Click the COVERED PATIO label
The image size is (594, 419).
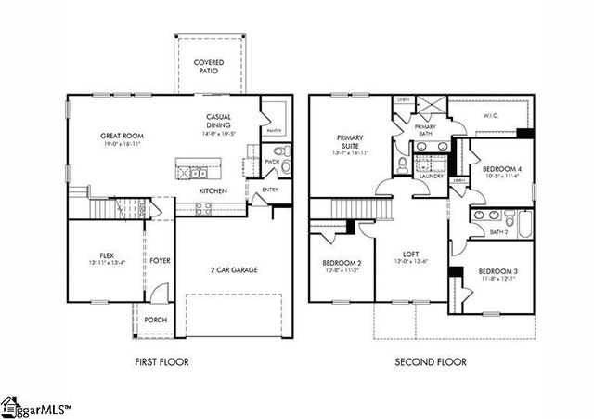click(208, 67)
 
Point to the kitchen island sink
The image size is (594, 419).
click(196, 172)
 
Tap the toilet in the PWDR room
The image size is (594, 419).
click(285, 151)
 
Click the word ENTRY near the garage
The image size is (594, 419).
click(269, 190)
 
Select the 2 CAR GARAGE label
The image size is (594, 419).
click(233, 270)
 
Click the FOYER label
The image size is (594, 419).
click(161, 261)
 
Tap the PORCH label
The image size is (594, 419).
click(156, 321)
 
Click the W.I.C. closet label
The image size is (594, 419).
click(491, 117)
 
